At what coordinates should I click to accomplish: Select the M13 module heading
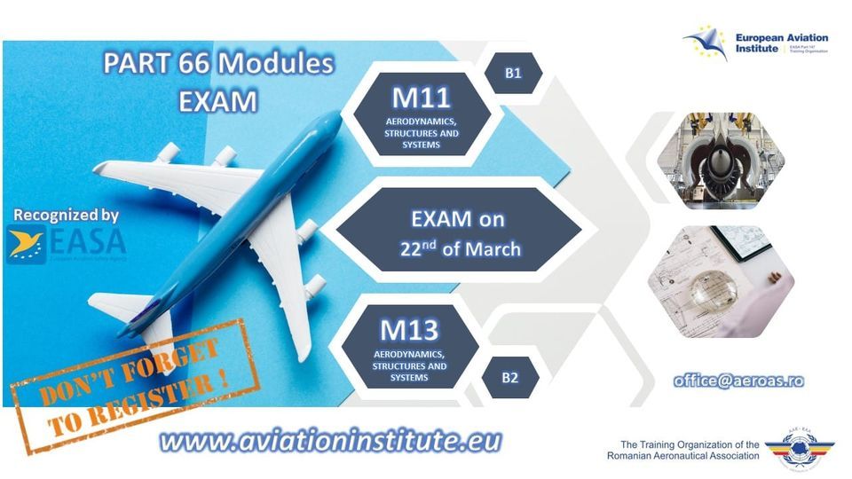click(x=410, y=329)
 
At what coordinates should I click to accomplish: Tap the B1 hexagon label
click(x=513, y=74)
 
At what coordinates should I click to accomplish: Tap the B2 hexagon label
click(x=509, y=378)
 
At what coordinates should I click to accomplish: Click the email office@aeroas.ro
click(x=738, y=380)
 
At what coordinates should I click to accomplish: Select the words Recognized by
click(x=67, y=215)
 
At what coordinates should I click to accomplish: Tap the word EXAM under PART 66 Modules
click(x=217, y=100)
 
